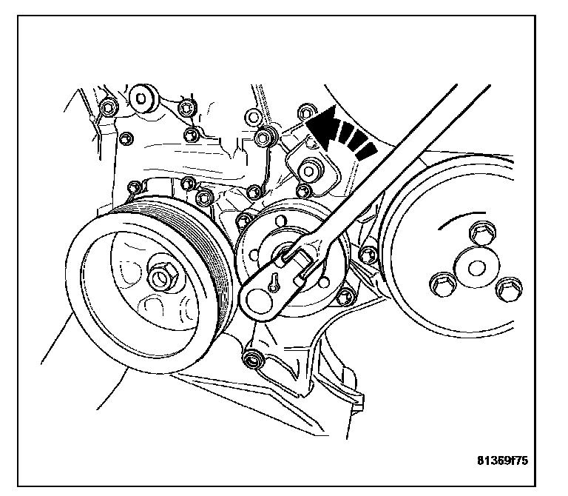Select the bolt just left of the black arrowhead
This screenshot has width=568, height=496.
[x=304, y=113]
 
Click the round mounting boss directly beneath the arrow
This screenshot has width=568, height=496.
[x=311, y=169]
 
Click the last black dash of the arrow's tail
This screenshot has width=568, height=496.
[x=367, y=151]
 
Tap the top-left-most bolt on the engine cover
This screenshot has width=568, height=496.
[x=108, y=109]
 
